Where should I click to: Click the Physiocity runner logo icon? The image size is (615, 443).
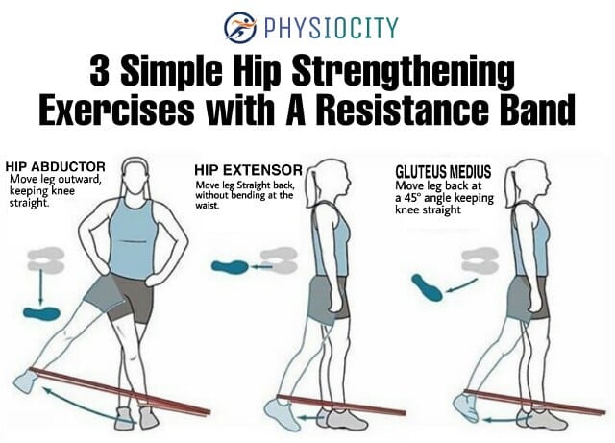coord(239,27)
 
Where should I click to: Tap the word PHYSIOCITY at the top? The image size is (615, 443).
coord(332,28)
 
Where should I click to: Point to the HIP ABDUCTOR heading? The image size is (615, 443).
coord(56,167)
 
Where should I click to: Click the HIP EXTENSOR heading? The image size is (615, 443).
coord(248,170)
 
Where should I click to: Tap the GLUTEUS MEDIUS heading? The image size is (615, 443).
coord(443,172)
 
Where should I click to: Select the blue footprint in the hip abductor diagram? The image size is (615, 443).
coord(42,313)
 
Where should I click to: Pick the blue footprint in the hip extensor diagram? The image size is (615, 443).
coord(230,267)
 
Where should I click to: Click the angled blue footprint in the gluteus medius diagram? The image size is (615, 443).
coord(427,287)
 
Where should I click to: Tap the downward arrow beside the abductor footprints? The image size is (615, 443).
coord(41,287)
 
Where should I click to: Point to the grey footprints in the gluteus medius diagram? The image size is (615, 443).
coord(480,259)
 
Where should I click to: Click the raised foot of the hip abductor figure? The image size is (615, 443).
coord(25,381)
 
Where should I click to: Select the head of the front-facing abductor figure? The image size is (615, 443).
coord(135,178)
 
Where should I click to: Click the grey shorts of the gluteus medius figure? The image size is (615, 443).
coord(527,298)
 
